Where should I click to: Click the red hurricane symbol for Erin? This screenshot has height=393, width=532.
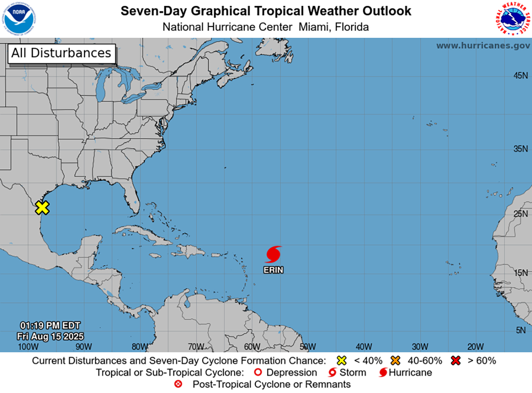point(273,254)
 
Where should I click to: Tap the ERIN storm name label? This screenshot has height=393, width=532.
point(273,270)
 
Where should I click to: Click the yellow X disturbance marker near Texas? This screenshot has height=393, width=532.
point(42,208)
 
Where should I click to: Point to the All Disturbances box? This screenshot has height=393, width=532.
point(61,53)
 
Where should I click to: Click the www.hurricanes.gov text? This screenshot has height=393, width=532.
point(483,46)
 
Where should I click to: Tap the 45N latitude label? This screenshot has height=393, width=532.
point(520,76)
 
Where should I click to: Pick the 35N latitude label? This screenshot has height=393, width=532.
point(520,149)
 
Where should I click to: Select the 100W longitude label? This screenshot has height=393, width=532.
point(28,347)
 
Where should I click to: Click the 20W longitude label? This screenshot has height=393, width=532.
point(475,347)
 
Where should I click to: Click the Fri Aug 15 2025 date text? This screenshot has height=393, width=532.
point(50,336)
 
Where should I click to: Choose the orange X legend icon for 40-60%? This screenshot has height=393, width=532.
point(395,361)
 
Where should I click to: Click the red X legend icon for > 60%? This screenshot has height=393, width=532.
point(456,361)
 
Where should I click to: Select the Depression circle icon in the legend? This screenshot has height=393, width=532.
point(257,373)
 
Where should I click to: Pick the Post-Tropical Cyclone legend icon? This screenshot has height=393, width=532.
point(179,384)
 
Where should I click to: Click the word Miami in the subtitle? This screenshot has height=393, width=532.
point(314,27)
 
